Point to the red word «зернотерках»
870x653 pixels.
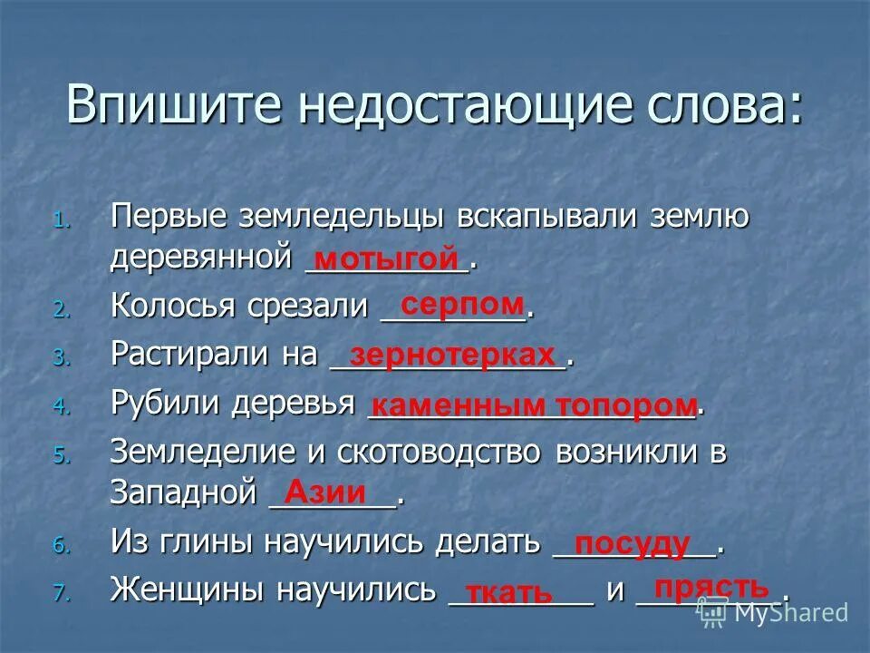point(451,354)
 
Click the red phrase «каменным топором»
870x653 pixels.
point(535,404)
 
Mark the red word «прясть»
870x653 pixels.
point(711,587)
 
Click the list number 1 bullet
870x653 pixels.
point(60,220)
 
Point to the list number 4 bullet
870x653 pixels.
point(60,407)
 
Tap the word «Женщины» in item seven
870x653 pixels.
point(188,590)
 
